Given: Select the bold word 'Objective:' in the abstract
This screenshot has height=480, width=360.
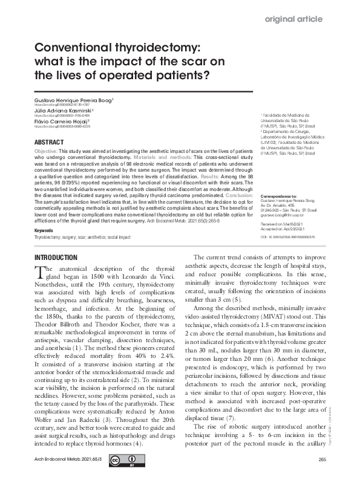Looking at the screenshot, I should (46, 149).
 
